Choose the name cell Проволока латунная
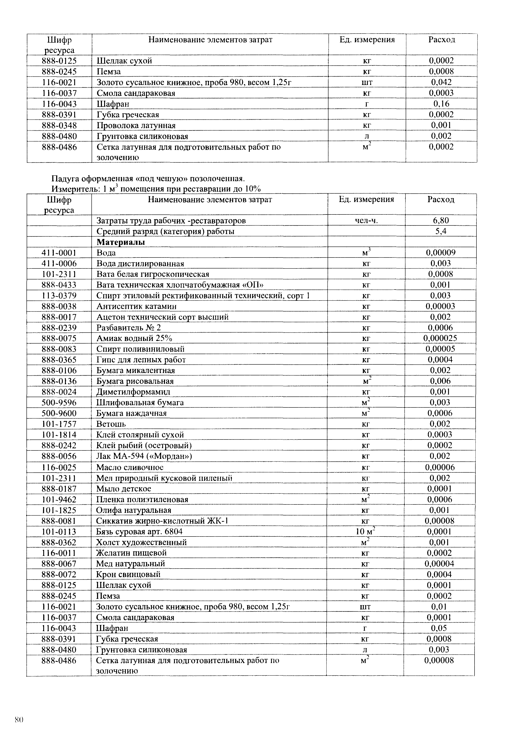point(136,125)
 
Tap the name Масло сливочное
point(130,467)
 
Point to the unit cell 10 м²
point(366,532)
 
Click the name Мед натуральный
point(130,564)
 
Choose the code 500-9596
point(59,402)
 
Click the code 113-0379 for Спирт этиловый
point(59,296)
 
